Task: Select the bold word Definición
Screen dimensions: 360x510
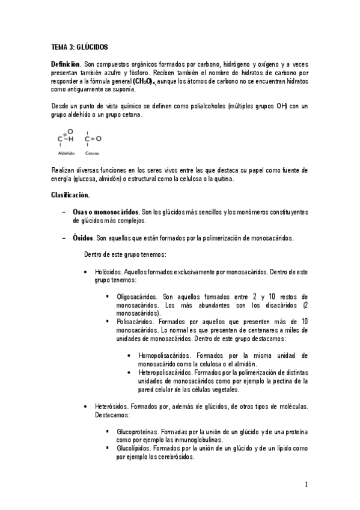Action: (66, 63)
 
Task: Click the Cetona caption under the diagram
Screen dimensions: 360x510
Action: (92, 153)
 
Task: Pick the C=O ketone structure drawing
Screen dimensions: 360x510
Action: (93, 138)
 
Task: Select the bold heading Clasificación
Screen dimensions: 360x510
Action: (70, 195)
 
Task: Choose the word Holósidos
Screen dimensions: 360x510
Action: (108, 272)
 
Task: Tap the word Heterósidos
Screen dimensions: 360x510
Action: (111, 407)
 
